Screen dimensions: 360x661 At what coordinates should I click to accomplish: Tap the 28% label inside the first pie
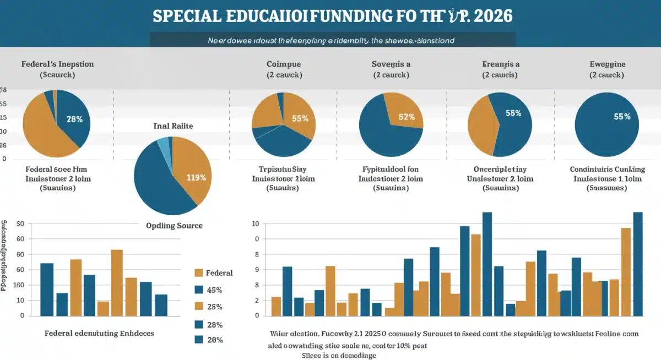pyautogui.click(x=74, y=119)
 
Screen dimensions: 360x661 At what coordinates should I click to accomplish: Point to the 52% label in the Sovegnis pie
pyautogui.click(x=407, y=117)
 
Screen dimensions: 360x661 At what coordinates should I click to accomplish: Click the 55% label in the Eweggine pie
pyautogui.click(x=622, y=117)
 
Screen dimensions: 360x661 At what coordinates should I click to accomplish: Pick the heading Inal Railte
pyautogui.click(x=173, y=126)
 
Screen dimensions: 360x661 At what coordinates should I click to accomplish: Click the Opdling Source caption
pyautogui.click(x=174, y=226)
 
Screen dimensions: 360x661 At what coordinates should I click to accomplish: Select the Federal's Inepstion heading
pyautogui.click(x=57, y=64)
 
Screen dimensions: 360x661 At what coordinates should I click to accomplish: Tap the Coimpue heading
pyautogui.click(x=283, y=64)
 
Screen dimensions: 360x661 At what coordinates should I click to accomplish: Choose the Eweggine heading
pyautogui.click(x=607, y=64)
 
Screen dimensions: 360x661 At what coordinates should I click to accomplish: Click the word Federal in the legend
pyautogui.click(x=219, y=273)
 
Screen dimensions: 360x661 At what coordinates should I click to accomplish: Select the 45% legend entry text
pyautogui.click(x=214, y=290)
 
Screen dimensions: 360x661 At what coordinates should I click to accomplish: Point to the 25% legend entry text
pyautogui.click(x=214, y=307)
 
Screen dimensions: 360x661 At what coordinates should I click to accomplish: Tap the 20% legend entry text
pyautogui.click(x=214, y=340)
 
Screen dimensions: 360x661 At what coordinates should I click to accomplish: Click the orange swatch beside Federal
pyautogui.click(x=199, y=273)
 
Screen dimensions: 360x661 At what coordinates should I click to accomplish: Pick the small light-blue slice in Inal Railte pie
pyautogui.click(x=163, y=144)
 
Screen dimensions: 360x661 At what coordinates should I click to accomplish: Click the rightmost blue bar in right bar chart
pyautogui.click(x=638, y=264)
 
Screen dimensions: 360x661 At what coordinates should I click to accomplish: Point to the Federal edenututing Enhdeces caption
pyautogui.click(x=99, y=334)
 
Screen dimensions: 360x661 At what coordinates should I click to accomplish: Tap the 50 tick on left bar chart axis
pyautogui.click(x=21, y=224)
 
